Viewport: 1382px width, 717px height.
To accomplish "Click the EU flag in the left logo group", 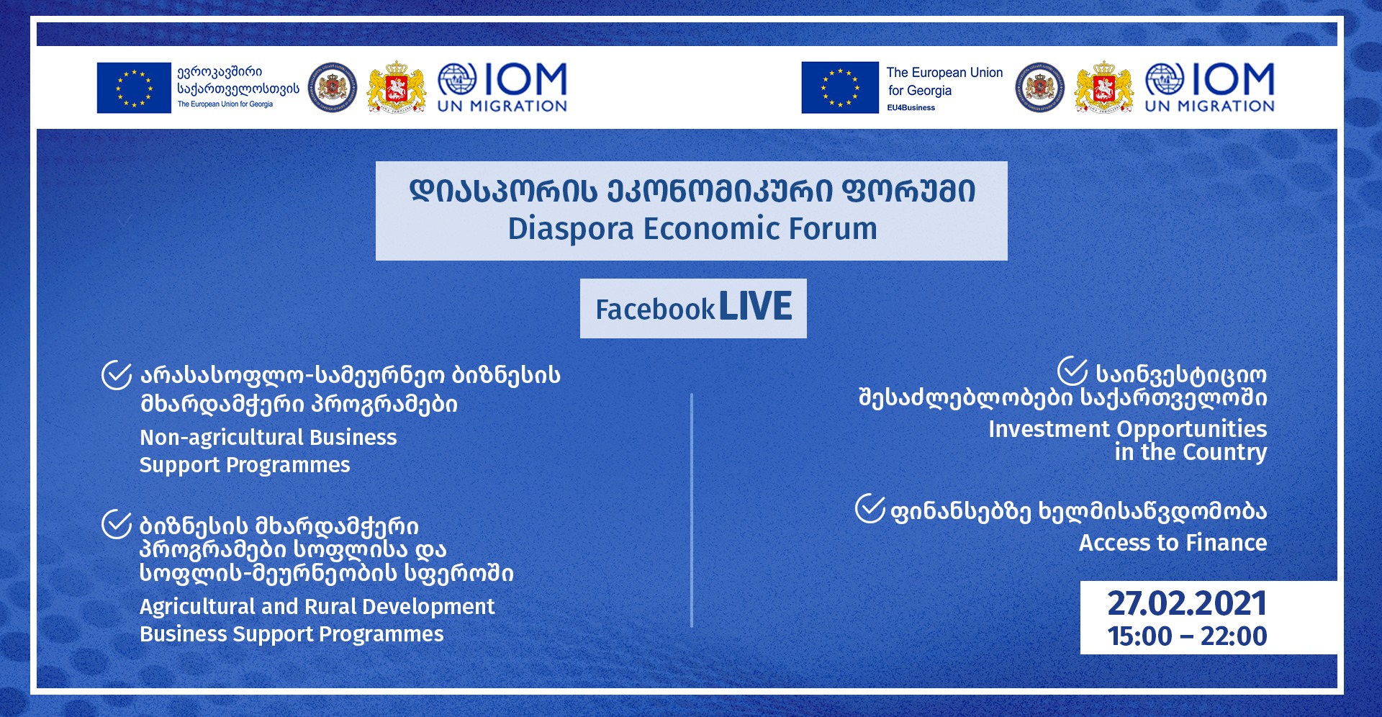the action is (x=134, y=88).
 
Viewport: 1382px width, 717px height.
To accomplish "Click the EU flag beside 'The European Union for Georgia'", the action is (x=840, y=88).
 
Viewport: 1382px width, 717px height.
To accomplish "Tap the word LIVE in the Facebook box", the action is (x=755, y=307).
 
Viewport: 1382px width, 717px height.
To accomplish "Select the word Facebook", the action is (x=655, y=310).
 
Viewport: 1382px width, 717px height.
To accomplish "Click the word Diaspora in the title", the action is (x=571, y=229).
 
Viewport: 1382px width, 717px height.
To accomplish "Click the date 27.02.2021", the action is (x=1186, y=603).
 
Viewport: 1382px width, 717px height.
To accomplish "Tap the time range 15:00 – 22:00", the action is (x=1187, y=636).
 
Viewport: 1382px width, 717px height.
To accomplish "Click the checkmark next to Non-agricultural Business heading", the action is (x=117, y=374).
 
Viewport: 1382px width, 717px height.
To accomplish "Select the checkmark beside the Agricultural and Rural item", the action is (x=117, y=523).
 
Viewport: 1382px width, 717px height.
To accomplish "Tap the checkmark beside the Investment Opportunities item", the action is (x=1072, y=371).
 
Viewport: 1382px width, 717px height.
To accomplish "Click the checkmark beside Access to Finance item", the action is (x=870, y=508).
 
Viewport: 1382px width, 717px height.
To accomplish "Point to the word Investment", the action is (x=1049, y=429).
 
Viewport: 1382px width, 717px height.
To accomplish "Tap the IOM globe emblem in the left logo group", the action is (x=457, y=80).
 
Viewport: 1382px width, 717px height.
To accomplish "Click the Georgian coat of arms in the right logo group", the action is (x=1103, y=87).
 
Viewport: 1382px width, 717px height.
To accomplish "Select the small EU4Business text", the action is (x=911, y=108).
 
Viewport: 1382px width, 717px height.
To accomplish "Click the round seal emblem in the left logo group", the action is (x=333, y=88).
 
